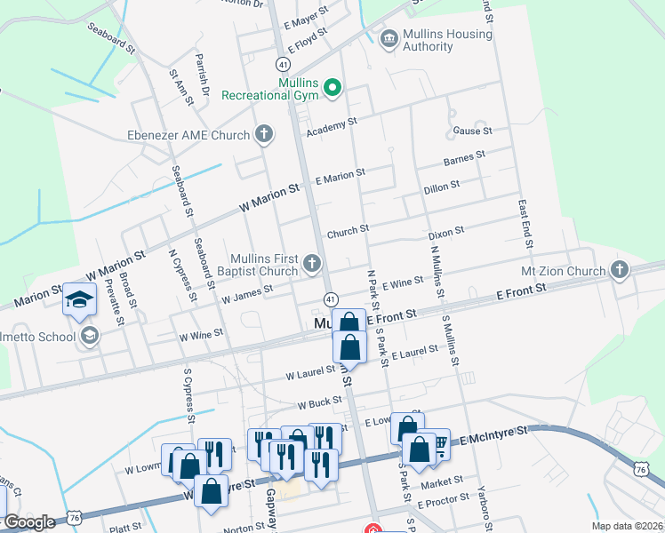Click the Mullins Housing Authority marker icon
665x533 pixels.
click(x=389, y=39)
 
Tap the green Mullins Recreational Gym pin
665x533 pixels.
click(x=332, y=87)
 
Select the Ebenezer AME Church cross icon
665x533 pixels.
click(x=263, y=135)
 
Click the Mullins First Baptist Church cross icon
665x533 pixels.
click(x=311, y=263)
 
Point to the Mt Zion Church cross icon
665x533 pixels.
click(x=620, y=270)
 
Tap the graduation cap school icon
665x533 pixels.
click(x=79, y=299)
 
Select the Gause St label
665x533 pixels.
click(x=472, y=131)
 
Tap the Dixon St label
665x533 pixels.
click(x=446, y=231)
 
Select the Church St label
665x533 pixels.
click(x=348, y=232)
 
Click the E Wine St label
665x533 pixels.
click(x=403, y=282)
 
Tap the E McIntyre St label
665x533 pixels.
click(x=493, y=434)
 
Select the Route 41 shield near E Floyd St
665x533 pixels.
click(x=282, y=65)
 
